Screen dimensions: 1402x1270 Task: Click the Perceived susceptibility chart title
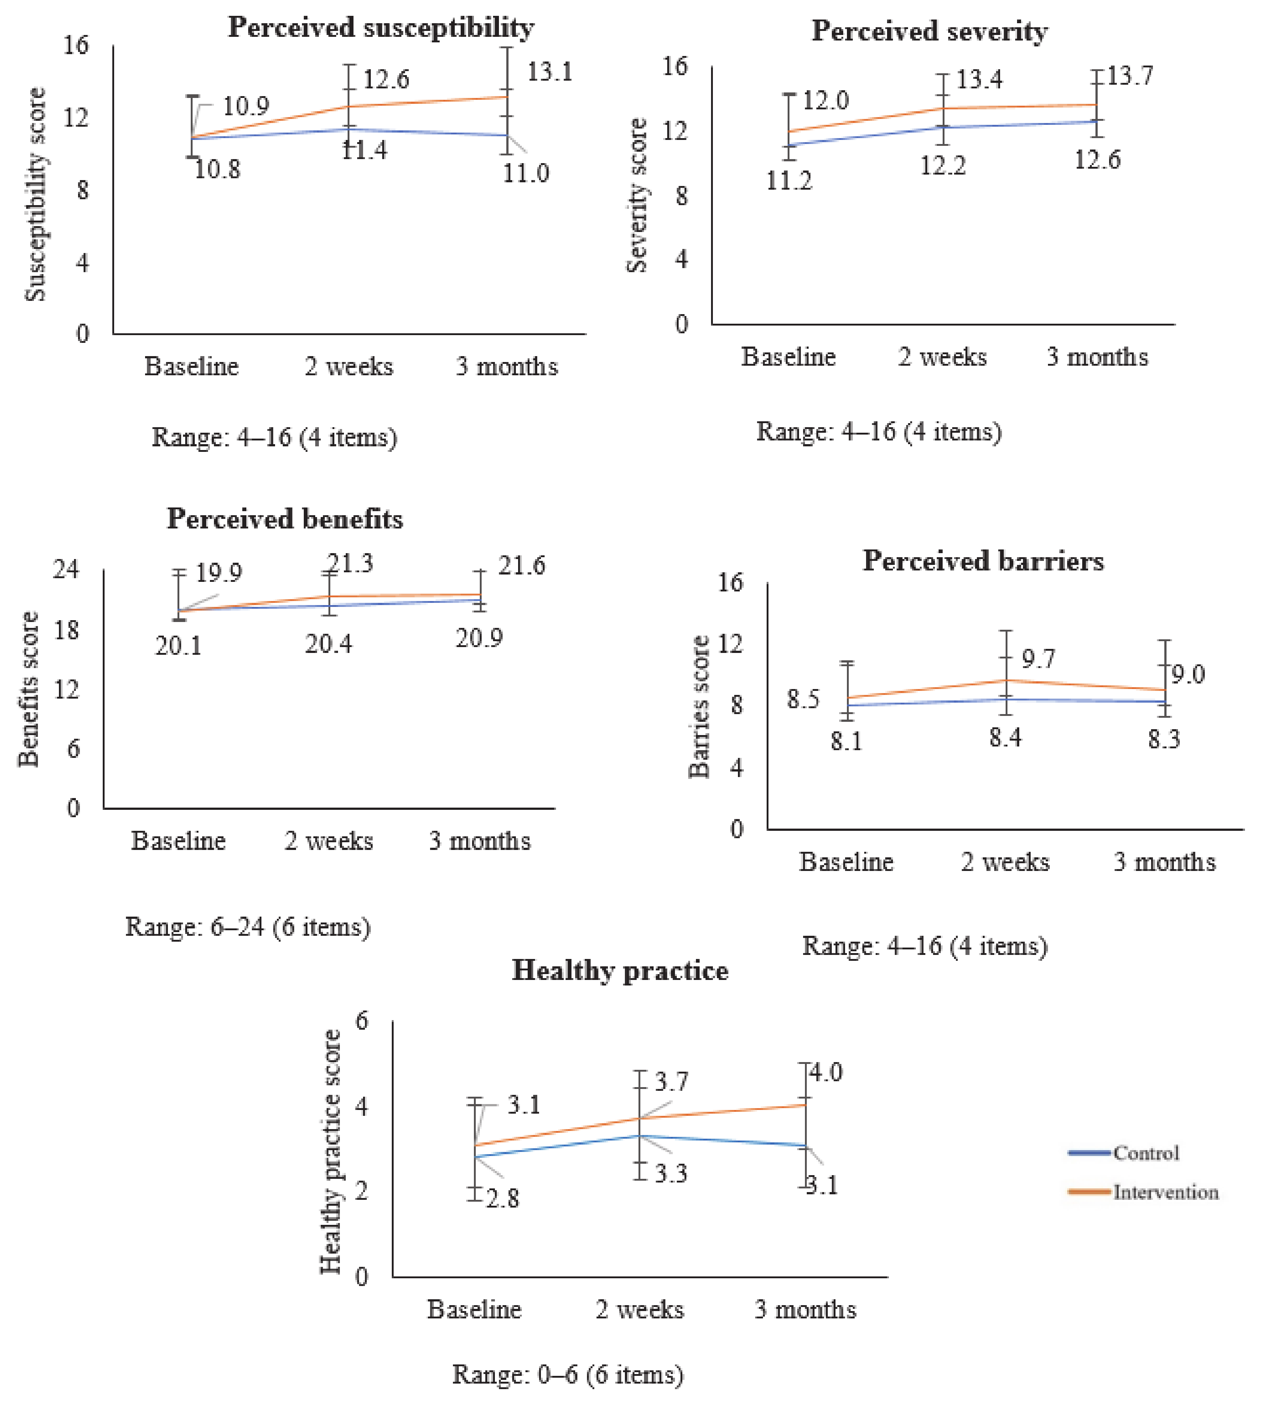(x=381, y=28)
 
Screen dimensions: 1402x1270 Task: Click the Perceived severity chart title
(x=930, y=31)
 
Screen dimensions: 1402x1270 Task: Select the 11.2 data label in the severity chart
(x=789, y=181)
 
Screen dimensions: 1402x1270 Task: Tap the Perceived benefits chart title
(x=285, y=519)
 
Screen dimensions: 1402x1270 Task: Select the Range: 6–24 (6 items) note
(x=247, y=927)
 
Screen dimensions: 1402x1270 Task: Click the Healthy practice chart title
(x=620, y=970)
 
